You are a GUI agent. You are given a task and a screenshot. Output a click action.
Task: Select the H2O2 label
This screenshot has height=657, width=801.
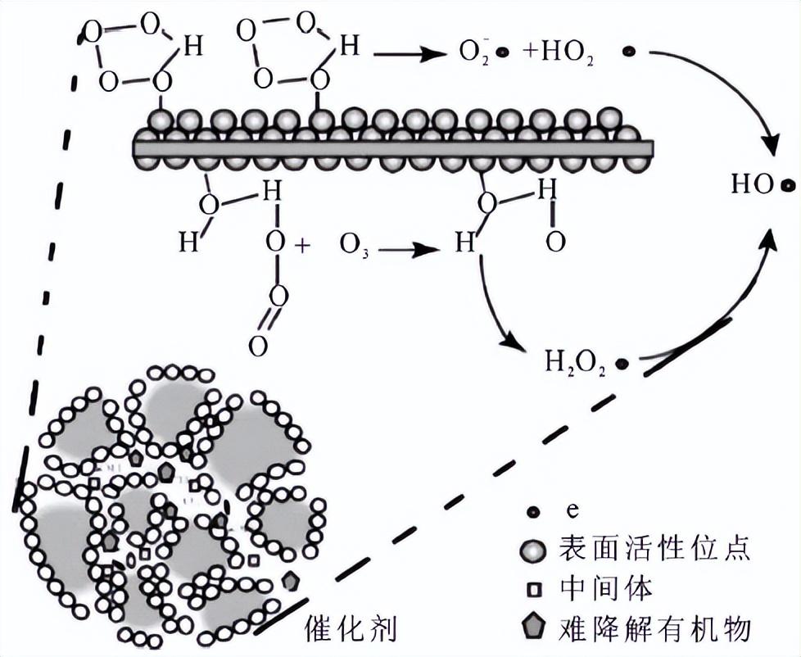(x=575, y=362)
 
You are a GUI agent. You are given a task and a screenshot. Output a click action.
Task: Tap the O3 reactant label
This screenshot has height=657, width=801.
(x=354, y=246)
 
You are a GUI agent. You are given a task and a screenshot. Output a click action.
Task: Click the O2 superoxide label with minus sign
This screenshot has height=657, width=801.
(x=473, y=52)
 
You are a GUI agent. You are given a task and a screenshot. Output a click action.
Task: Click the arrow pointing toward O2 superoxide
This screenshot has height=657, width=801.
(x=410, y=54)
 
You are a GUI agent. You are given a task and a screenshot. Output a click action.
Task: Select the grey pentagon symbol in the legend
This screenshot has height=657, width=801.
(x=534, y=628)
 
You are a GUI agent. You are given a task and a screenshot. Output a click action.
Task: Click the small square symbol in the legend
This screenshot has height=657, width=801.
(x=534, y=588)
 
